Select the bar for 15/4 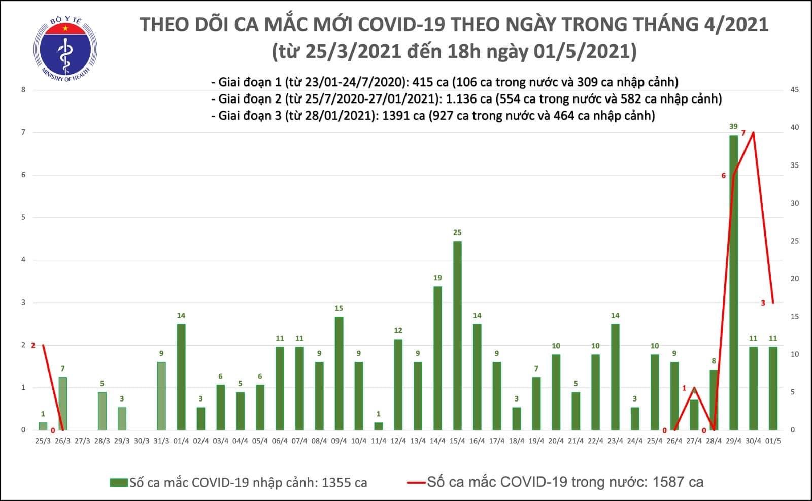457,336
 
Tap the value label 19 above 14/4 437,278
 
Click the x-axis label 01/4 181,441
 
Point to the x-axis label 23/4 615,441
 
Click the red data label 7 743,133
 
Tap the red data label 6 724,176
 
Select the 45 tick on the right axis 795,90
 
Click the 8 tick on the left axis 23,90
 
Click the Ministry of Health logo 65,50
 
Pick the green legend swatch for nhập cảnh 119,482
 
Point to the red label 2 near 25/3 33,345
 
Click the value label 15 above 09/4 339,308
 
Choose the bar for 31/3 161,396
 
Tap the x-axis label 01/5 773,441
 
